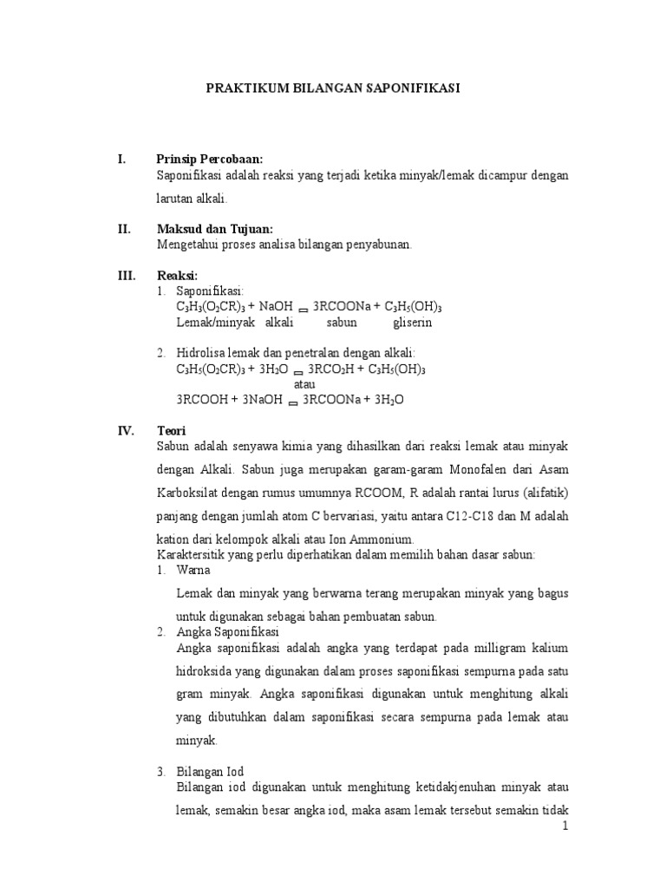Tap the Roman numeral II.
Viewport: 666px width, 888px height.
[x=124, y=229]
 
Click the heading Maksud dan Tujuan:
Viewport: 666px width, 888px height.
[x=214, y=229]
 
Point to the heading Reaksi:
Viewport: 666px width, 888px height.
[x=177, y=276]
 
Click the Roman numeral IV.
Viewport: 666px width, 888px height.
[x=125, y=430]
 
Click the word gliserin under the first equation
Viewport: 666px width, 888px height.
[x=412, y=323]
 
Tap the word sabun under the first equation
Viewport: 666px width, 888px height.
[x=342, y=323]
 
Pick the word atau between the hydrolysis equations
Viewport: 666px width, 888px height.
[x=304, y=383]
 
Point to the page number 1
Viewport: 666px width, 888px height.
[x=565, y=826]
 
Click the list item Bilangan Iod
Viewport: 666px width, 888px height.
[x=210, y=772]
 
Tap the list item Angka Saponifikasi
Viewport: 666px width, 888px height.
[x=226, y=632]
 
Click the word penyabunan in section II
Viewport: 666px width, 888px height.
[x=378, y=245]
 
